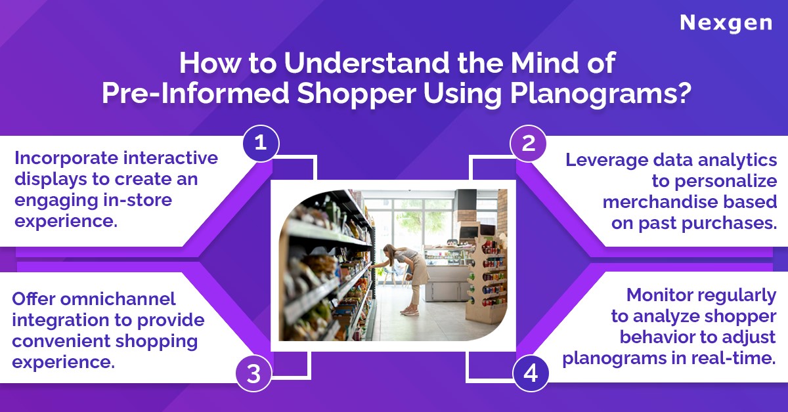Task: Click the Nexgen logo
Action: [726, 24]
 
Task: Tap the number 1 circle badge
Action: [261, 144]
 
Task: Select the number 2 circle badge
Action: [528, 144]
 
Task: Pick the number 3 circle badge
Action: [253, 373]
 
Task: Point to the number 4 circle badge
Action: [531, 373]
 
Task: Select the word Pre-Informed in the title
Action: [196, 94]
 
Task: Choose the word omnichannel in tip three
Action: [118, 299]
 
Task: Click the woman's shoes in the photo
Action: [410, 311]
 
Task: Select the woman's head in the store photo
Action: [389, 250]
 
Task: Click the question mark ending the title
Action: [684, 93]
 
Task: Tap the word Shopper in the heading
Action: [357, 94]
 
